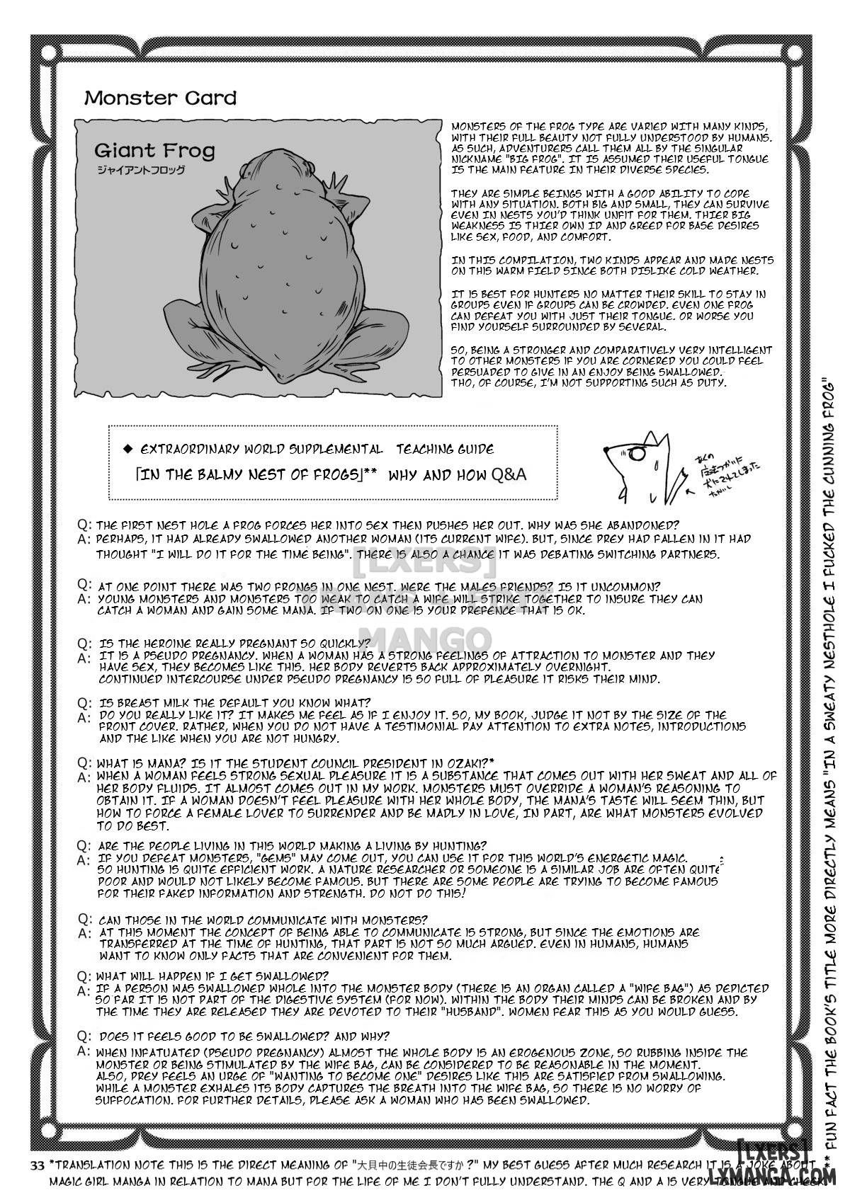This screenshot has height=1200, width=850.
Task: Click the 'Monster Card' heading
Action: (x=160, y=98)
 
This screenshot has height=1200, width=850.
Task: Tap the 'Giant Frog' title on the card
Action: (x=154, y=150)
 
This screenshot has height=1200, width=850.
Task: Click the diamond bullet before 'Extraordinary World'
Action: (x=127, y=449)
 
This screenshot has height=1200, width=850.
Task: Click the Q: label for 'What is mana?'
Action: (x=84, y=762)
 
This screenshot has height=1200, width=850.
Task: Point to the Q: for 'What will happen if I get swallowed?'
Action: (x=84, y=975)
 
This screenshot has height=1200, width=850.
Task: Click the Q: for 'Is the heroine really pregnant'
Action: (x=84, y=644)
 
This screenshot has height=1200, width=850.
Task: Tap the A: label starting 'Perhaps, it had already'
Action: (x=84, y=538)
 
